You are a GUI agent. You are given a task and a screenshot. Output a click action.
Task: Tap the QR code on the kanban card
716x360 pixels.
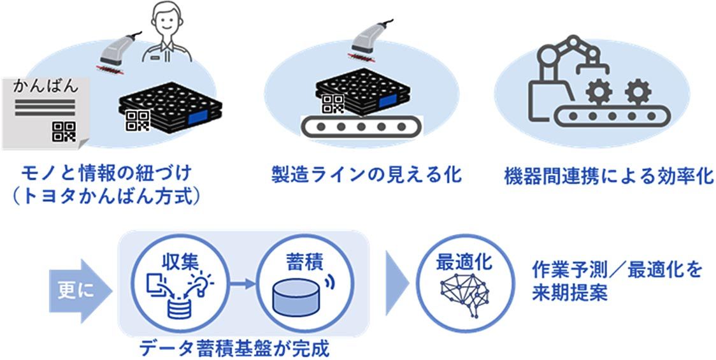click(64, 131)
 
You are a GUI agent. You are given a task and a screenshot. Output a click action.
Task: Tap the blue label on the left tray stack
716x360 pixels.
click(204, 117)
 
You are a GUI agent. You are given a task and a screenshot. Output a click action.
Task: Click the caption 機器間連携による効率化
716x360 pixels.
click(608, 176)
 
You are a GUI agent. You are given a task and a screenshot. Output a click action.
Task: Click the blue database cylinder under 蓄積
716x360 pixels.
click(296, 297)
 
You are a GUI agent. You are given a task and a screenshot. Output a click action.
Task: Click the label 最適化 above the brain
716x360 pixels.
click(464, 261)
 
